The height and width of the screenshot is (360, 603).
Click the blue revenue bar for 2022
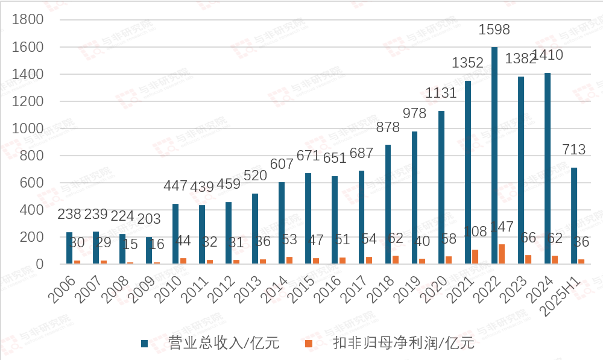click(494, 156)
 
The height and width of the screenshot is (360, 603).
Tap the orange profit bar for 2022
click(502, 254)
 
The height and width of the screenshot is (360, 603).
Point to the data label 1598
click(494, 30)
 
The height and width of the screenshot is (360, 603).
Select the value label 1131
click(441, 93)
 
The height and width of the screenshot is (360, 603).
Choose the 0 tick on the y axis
click(39, 264)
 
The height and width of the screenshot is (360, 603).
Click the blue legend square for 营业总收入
click(144, 343)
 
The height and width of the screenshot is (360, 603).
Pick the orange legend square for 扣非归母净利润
click(308, 343)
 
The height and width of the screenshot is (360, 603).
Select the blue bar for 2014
click(282, 223)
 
